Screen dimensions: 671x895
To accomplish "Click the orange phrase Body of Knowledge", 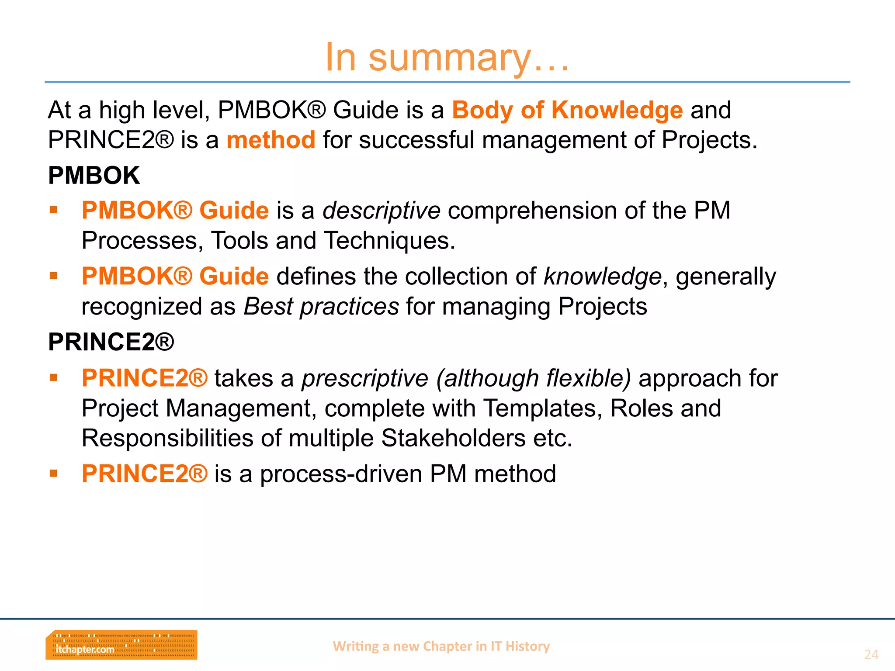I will pos(567,110).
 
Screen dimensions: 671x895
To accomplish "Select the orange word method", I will pos(271,140).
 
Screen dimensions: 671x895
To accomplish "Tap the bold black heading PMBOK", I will pos(94,176).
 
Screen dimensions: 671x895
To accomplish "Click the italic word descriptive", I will pos(381,211).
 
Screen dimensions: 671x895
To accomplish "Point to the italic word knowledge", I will pos(603,277).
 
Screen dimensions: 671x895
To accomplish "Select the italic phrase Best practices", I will pos(321,307).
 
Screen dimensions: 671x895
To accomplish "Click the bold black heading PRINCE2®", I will pos(111,342).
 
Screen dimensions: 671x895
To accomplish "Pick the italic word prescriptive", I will pos(365,378).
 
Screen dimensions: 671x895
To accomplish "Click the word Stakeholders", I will pos(453,438).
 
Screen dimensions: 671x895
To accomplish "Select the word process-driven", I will pos(341,474).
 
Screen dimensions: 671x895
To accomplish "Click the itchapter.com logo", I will pos(121,645).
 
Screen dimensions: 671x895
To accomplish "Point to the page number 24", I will pos(871,654).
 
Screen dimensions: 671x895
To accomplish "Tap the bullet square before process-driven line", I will pos(54,474).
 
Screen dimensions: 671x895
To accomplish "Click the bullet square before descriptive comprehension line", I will pos(54,210).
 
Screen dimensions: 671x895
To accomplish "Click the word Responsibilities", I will pos(167,438).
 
